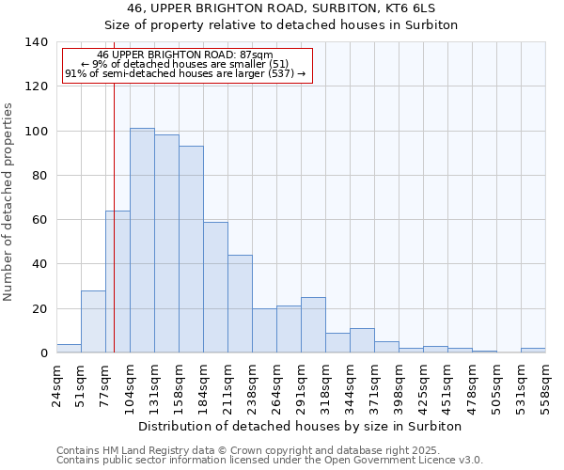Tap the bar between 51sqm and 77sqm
click(x=93, y=321)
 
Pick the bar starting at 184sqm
click(x=215, y=288)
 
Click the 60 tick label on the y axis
click(x=39, y=220)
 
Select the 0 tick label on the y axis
click(x=43, y=353)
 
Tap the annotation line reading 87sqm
click(x=185, y=55)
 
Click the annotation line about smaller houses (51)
click(x=185, y=64)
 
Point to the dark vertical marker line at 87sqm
click(x=114, y=235)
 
